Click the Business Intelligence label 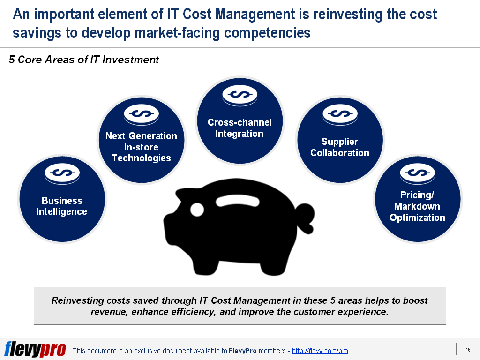pos(62,206)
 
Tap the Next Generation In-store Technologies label pos(141,147)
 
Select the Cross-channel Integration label pos(240,128)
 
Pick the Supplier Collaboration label pos(340,147)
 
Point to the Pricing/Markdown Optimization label pos(417,206)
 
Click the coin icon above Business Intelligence pos(62,173)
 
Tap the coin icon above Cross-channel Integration pos(240,96)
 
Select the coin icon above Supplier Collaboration pos(340,114)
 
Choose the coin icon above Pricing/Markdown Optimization pos(418,173)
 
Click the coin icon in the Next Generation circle pos(142,114)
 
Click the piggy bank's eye pos(197,210)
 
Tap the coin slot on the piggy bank pos(238,201)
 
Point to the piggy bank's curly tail pos(306,217)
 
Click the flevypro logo pos(35,350)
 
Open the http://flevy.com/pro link pos(320,351)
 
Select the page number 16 pos(468,350)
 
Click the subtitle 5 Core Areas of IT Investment pos(84,60)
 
